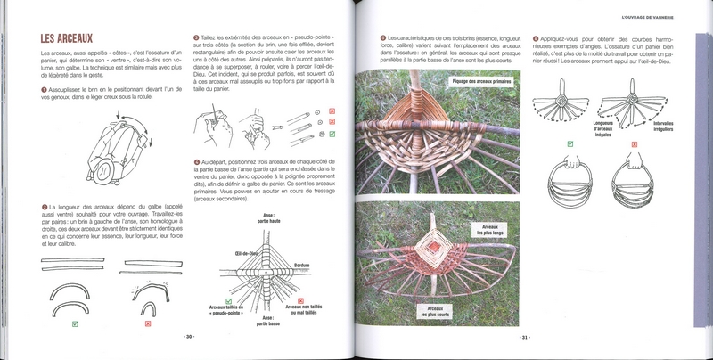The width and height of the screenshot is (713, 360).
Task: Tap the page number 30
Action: tap(188, 337)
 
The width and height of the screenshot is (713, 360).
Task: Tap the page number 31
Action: tap(525, 337)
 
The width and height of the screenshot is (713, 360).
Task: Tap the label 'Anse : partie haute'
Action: tap(269, 217)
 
